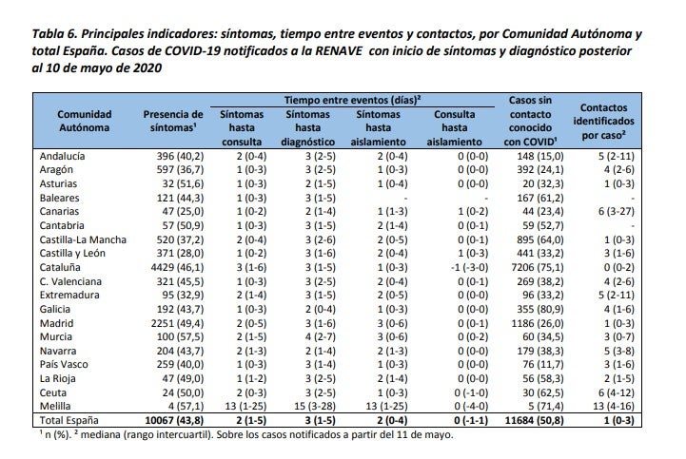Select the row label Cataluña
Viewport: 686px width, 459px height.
[x=62, y=269]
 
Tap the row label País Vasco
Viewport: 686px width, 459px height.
[x=65, y=363]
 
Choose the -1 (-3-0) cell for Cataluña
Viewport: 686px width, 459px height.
[x=454, y=269]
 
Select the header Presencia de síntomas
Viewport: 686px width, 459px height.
[x=173, y=121]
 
